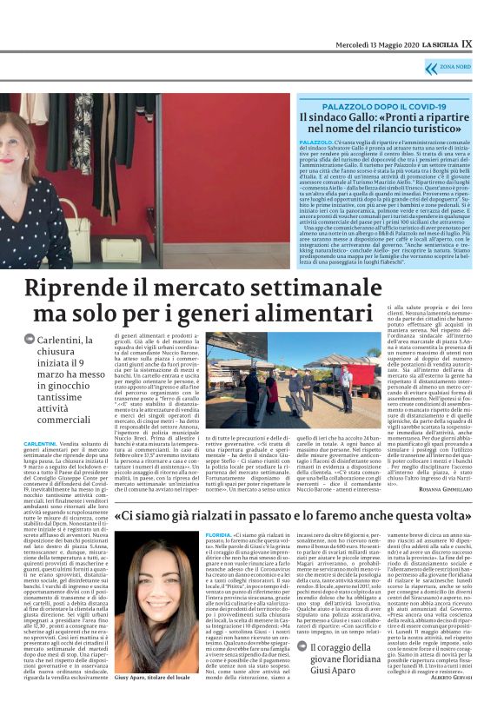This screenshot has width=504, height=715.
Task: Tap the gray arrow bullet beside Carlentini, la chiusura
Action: (x=30, y=338)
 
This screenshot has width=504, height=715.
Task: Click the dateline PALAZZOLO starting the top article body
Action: (x=315, y=141)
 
